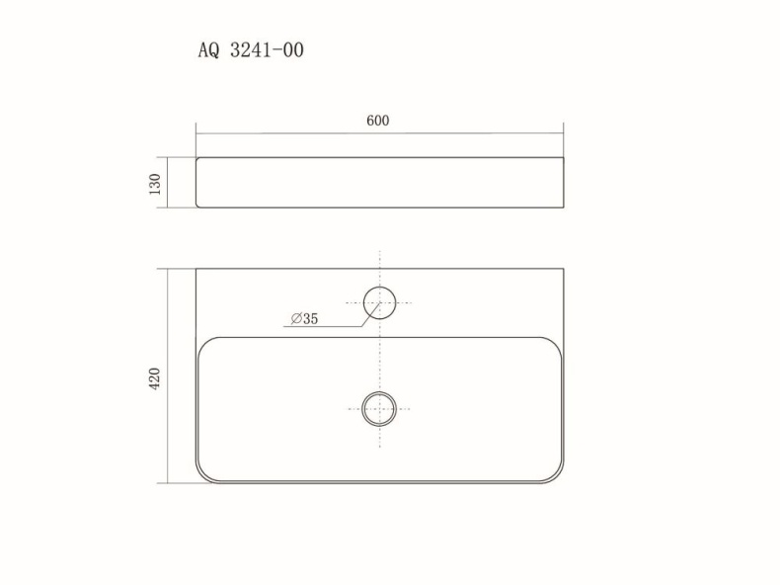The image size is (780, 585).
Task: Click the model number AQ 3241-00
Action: point(251,50)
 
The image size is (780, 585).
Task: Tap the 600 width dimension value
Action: point(377,121)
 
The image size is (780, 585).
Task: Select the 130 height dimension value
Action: point(155,184)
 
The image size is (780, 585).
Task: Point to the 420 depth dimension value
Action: point(155,378)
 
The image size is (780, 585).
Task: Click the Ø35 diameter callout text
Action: point(304,318)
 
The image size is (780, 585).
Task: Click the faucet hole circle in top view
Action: point(379,288)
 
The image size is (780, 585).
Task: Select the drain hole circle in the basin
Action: point(379,392)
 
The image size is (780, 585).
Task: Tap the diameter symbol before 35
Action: point(296,318)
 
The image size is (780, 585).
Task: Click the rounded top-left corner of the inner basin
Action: point(205,345)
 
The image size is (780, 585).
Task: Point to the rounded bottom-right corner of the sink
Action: point(557,475)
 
